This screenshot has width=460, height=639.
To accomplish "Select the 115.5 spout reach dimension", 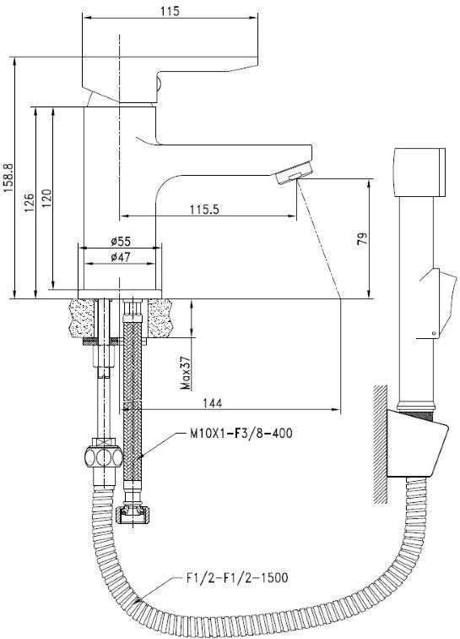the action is (204, 210).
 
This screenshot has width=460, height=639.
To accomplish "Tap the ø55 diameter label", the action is (121, 241).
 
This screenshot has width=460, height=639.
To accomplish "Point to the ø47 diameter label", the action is (121, 257).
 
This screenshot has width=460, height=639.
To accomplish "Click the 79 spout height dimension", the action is (362, 238).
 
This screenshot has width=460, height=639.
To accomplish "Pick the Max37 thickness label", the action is (186, 373).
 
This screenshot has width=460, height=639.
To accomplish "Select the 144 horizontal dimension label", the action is (213, 403).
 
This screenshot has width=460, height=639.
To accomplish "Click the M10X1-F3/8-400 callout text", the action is (241, 433).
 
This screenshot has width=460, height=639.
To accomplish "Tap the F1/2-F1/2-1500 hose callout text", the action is (237, 577).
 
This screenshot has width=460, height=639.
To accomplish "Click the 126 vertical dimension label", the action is (29, 203).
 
